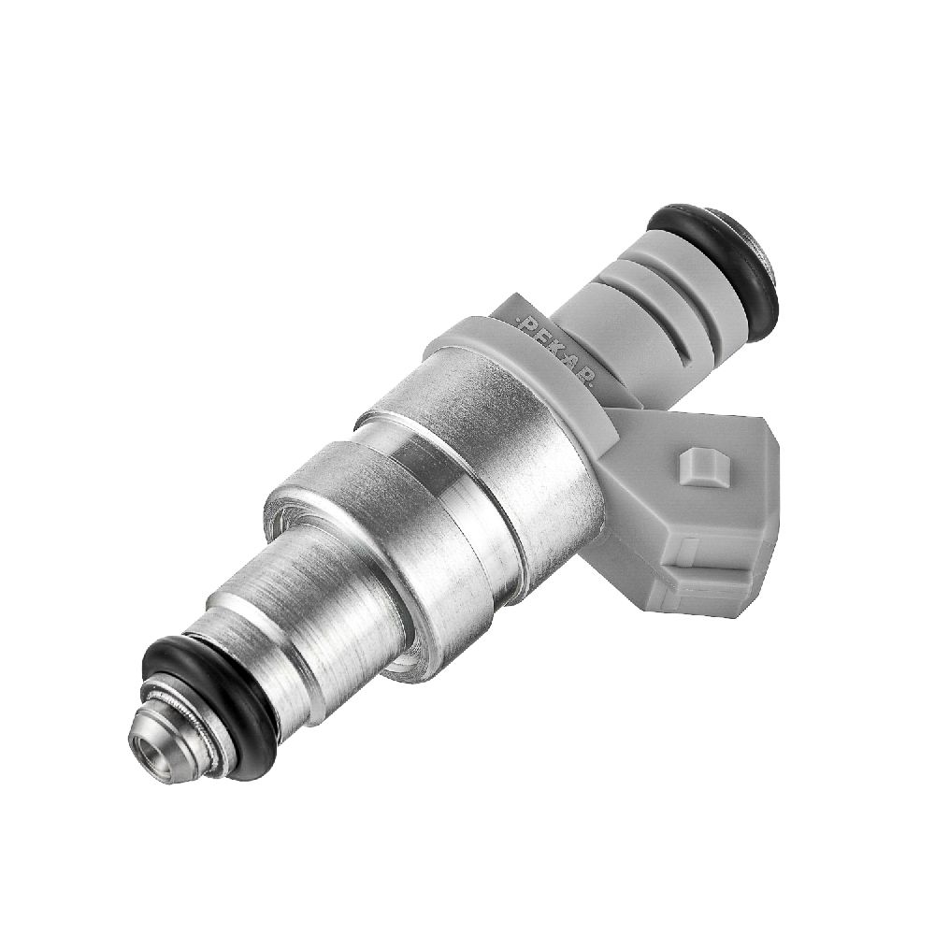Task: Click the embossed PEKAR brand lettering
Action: click(x=554, y=352)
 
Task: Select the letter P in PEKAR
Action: click(x=527, y=326)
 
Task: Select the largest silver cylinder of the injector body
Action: click(x=477, y=453)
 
